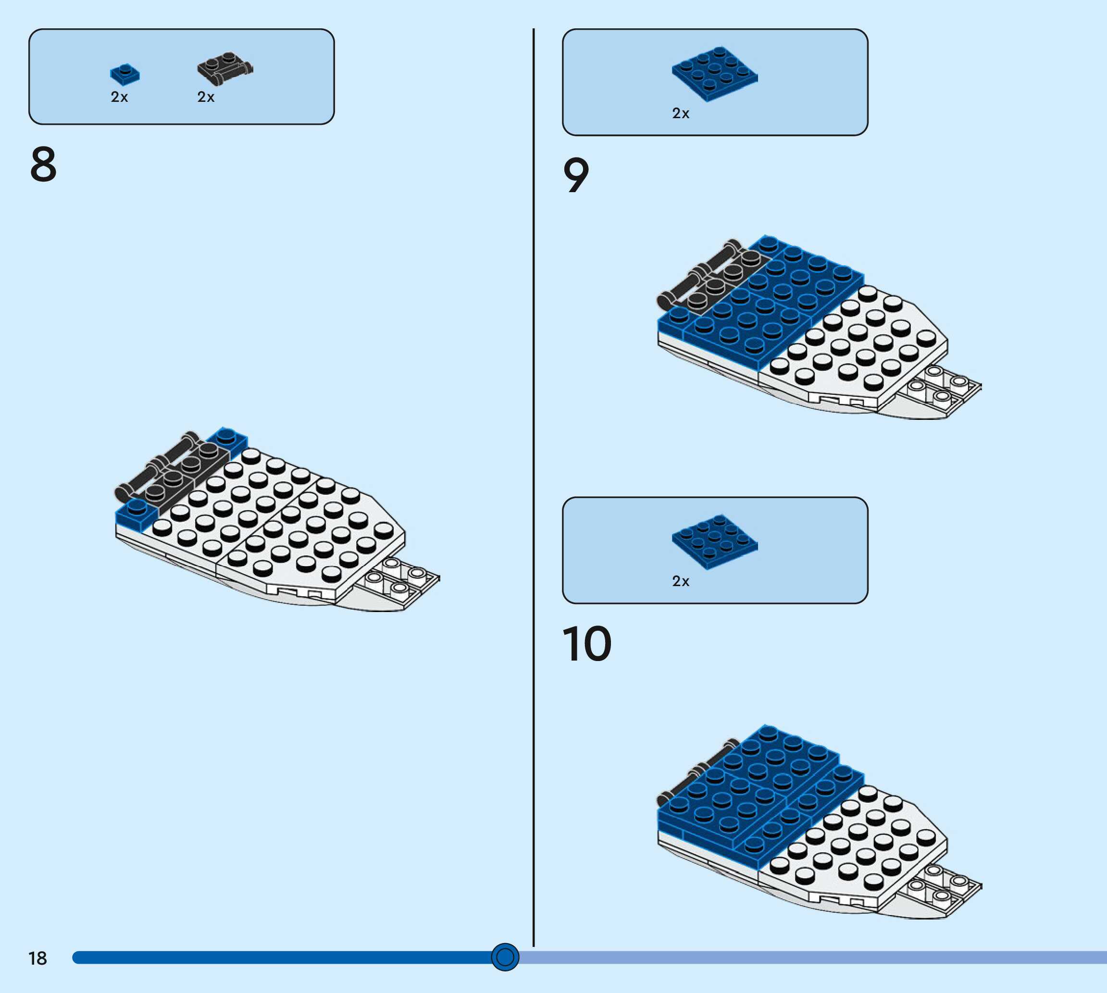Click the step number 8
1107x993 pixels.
44,164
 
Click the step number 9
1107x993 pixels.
576,175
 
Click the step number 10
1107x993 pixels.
587,644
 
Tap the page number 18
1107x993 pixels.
37,958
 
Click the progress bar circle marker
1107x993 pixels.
505,957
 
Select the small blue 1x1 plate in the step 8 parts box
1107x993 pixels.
125,74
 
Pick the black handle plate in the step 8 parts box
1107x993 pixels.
224,69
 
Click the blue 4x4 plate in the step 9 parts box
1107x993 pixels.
715,74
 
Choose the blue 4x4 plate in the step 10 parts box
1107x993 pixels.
715,542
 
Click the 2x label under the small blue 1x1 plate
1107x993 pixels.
119,97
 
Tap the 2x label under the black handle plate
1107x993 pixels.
206,97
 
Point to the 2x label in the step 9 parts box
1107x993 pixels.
681,113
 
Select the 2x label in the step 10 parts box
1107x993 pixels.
681,582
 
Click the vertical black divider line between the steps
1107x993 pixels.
533,491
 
